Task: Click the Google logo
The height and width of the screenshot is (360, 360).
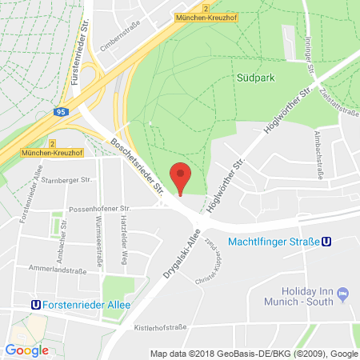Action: [x=26, y=350]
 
